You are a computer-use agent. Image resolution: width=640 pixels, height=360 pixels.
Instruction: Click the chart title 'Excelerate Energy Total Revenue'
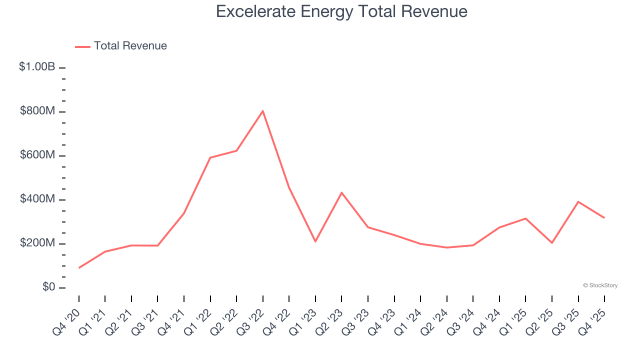click(341, 11)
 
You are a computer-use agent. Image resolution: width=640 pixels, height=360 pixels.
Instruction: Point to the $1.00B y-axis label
click(37, 66)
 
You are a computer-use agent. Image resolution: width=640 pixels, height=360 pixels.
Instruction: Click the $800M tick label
click(37, 111)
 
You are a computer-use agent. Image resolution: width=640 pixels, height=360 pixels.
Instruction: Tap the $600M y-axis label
click(37, 155)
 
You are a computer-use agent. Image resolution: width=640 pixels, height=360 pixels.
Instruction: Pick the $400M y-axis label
click(37, 199)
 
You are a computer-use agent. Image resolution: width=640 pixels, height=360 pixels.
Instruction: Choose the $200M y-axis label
click(37, 243)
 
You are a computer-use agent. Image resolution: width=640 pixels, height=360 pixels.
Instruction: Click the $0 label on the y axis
click(48, 287)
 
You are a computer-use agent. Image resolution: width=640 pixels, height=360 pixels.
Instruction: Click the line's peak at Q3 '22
click(263, 111)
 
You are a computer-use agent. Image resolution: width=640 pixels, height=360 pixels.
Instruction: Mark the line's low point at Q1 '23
click(315, 241)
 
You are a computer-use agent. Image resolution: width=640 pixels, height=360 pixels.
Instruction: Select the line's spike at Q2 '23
click(341, 192)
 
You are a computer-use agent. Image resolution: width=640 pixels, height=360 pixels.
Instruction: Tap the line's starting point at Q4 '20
click(79, 268)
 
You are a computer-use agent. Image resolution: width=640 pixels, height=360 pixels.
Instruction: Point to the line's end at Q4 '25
click(604, 217)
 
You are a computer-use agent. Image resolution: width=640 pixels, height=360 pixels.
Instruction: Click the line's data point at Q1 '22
click(210, 157)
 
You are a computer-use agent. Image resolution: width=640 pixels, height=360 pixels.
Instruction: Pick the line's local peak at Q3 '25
click(578, 201)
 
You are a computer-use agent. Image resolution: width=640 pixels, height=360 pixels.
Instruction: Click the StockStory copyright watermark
click(600, 285)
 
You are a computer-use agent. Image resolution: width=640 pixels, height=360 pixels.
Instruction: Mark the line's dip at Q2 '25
click(552, 243)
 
